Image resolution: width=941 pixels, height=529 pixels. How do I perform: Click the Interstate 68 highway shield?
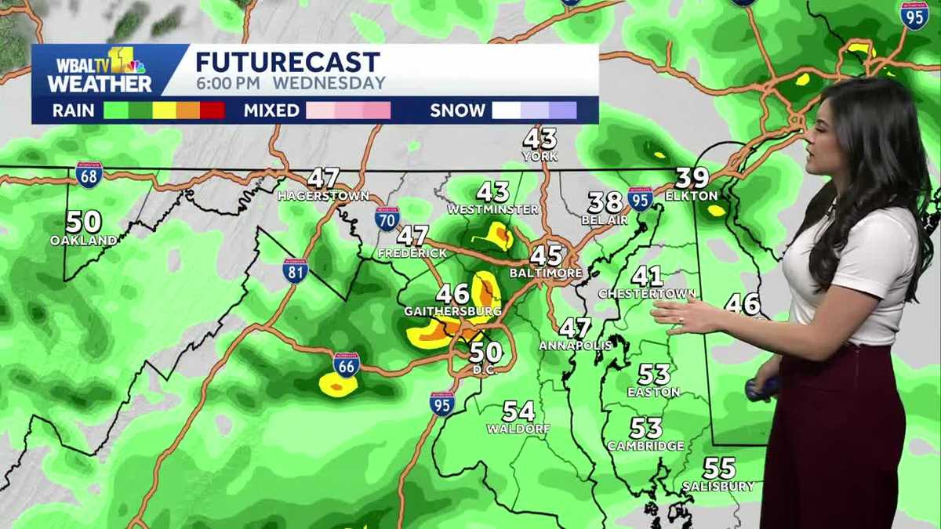(89, 175)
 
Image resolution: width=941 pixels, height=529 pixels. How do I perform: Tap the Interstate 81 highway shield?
(296, 271)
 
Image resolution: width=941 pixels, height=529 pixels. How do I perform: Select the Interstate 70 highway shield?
(387, 218)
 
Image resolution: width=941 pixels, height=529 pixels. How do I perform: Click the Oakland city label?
(84, 241)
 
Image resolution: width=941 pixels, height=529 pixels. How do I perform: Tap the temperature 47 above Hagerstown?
(323, 178)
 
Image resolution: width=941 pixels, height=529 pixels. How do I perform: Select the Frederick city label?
(412, 253)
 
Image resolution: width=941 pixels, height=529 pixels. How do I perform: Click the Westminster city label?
(493, 209)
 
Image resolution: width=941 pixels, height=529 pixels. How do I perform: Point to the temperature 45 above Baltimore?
(547, 255)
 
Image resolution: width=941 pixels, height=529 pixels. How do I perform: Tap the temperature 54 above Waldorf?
(518, 411)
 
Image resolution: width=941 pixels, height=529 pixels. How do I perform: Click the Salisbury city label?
(718, 486)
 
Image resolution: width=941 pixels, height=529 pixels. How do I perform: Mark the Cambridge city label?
(645, 446)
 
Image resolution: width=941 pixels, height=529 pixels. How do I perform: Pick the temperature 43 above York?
(540, 139)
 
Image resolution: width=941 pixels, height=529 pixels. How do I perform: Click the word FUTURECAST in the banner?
(288, 62)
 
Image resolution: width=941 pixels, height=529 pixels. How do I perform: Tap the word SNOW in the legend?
(457, 111)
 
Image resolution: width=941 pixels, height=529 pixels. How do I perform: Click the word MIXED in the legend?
(271, 111)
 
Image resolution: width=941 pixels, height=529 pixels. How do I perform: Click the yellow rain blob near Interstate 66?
(338, 385)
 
